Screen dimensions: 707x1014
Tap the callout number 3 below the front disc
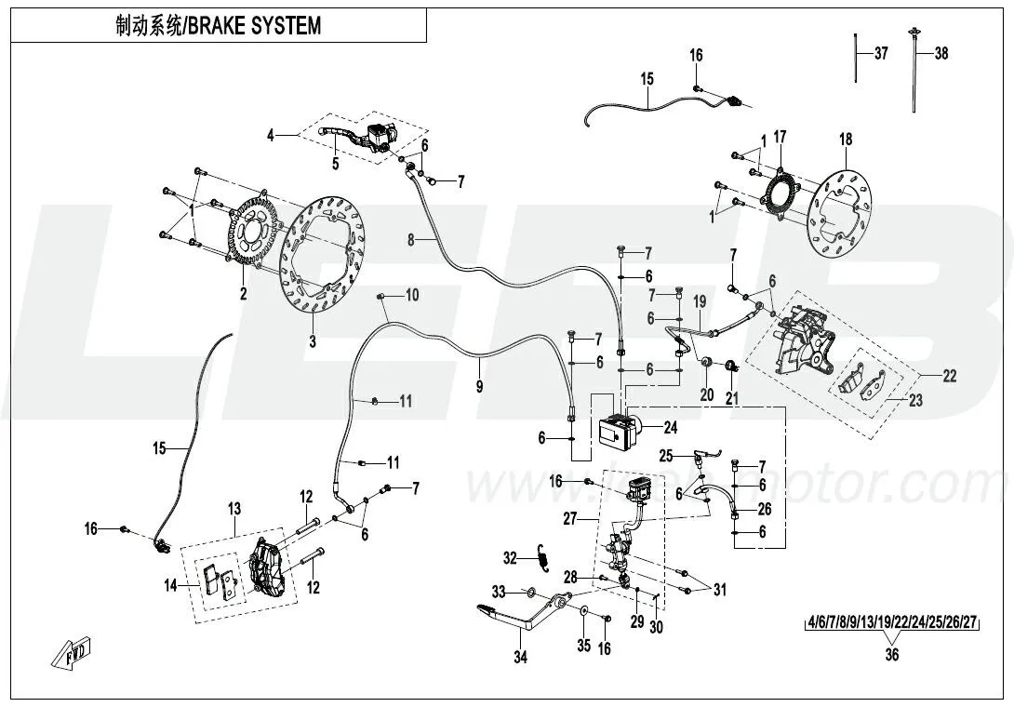(x=313, y=341)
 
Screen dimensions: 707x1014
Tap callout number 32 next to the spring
(x=509, y=558)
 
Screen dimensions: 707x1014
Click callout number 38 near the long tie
(x=941, y=54)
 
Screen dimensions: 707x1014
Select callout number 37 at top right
(x=880, y=54)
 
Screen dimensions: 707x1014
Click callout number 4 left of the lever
(x=271, y=136)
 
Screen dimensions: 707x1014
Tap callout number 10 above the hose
(x=411, y=295)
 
